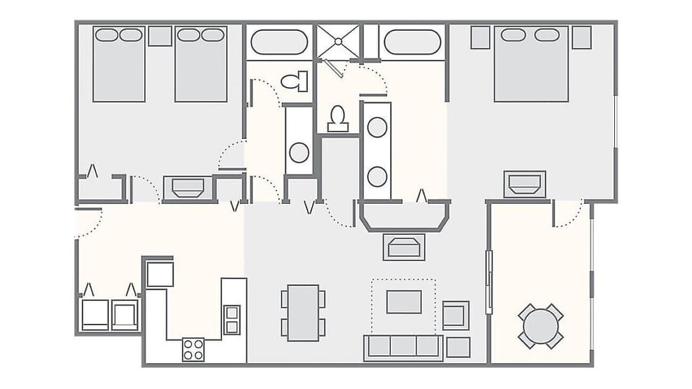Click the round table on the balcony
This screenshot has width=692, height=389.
click(541, 326)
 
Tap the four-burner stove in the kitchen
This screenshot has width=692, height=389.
click(193, 349)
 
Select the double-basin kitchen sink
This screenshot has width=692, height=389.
click(232, 319)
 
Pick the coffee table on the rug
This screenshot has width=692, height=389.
click(404, 301)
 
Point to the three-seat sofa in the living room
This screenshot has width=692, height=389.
click(403, 346)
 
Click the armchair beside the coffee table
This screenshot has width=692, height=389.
click(456, 315)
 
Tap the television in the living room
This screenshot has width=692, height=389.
click(404, 247)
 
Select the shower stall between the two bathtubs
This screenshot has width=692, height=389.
click(337, 43)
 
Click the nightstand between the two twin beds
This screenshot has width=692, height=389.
click(160, 36)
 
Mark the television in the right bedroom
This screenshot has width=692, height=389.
click(525, 184)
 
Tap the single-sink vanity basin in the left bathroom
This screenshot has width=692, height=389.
click(299, 152)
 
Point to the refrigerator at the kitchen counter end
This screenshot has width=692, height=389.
click(160, 274)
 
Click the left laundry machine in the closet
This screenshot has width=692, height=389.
click(95, 314)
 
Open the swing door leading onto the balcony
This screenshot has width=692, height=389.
click(567, 213)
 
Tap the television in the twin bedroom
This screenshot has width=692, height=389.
click(188, 188)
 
